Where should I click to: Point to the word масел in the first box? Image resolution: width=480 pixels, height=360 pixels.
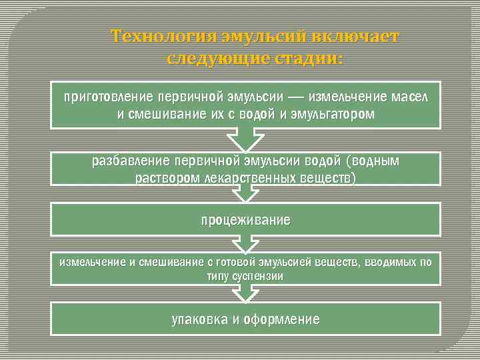point(410,97)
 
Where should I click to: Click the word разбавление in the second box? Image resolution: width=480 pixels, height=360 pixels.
point(131,161)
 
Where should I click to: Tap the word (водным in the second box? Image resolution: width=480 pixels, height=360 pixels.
point(371,161)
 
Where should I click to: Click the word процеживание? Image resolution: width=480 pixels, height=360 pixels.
point(246,219)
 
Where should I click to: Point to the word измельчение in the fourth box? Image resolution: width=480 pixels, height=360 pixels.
point(92,262)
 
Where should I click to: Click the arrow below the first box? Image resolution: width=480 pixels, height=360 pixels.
point(246,139)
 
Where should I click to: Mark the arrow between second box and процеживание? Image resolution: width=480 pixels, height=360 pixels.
point(246,193)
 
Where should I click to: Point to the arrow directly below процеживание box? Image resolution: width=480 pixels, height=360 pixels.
point(246,243)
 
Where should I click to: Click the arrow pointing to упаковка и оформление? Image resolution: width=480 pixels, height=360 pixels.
point(246,292)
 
